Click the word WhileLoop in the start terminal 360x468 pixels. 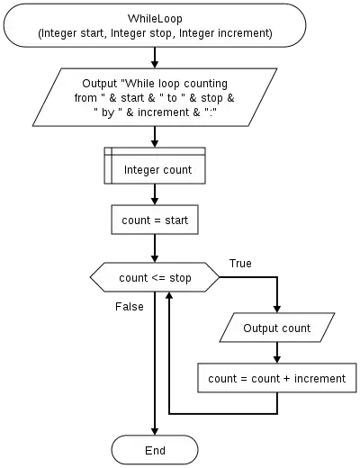click(x=155, y=19)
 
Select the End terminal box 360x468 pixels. click(x=155, y=450)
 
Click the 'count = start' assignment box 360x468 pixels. click(x=155, y=220)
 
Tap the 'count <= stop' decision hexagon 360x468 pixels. click(x=155, y=277)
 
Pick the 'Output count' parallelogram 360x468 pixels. click(x=277, y=328)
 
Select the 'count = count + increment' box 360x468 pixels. click(x=277, y=378)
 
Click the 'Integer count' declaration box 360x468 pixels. click(x=155, y=166)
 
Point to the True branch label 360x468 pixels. click(x=240, y=264)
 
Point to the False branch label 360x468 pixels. click(x=130, y=307)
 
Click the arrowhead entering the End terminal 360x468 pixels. click(x=155, y=431)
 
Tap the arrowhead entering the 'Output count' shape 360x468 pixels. click(x=277, y=309)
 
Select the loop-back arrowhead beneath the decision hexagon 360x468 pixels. click(x=169, y=296)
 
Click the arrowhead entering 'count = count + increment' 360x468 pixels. click(x=277, y=359)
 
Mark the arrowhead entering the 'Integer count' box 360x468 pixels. click(x=155, y=143)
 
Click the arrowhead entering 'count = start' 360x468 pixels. click(x=155, y=201)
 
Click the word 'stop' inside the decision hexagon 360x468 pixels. click(x=180, y=278)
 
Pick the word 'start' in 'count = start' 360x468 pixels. click(x=176, y=220)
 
